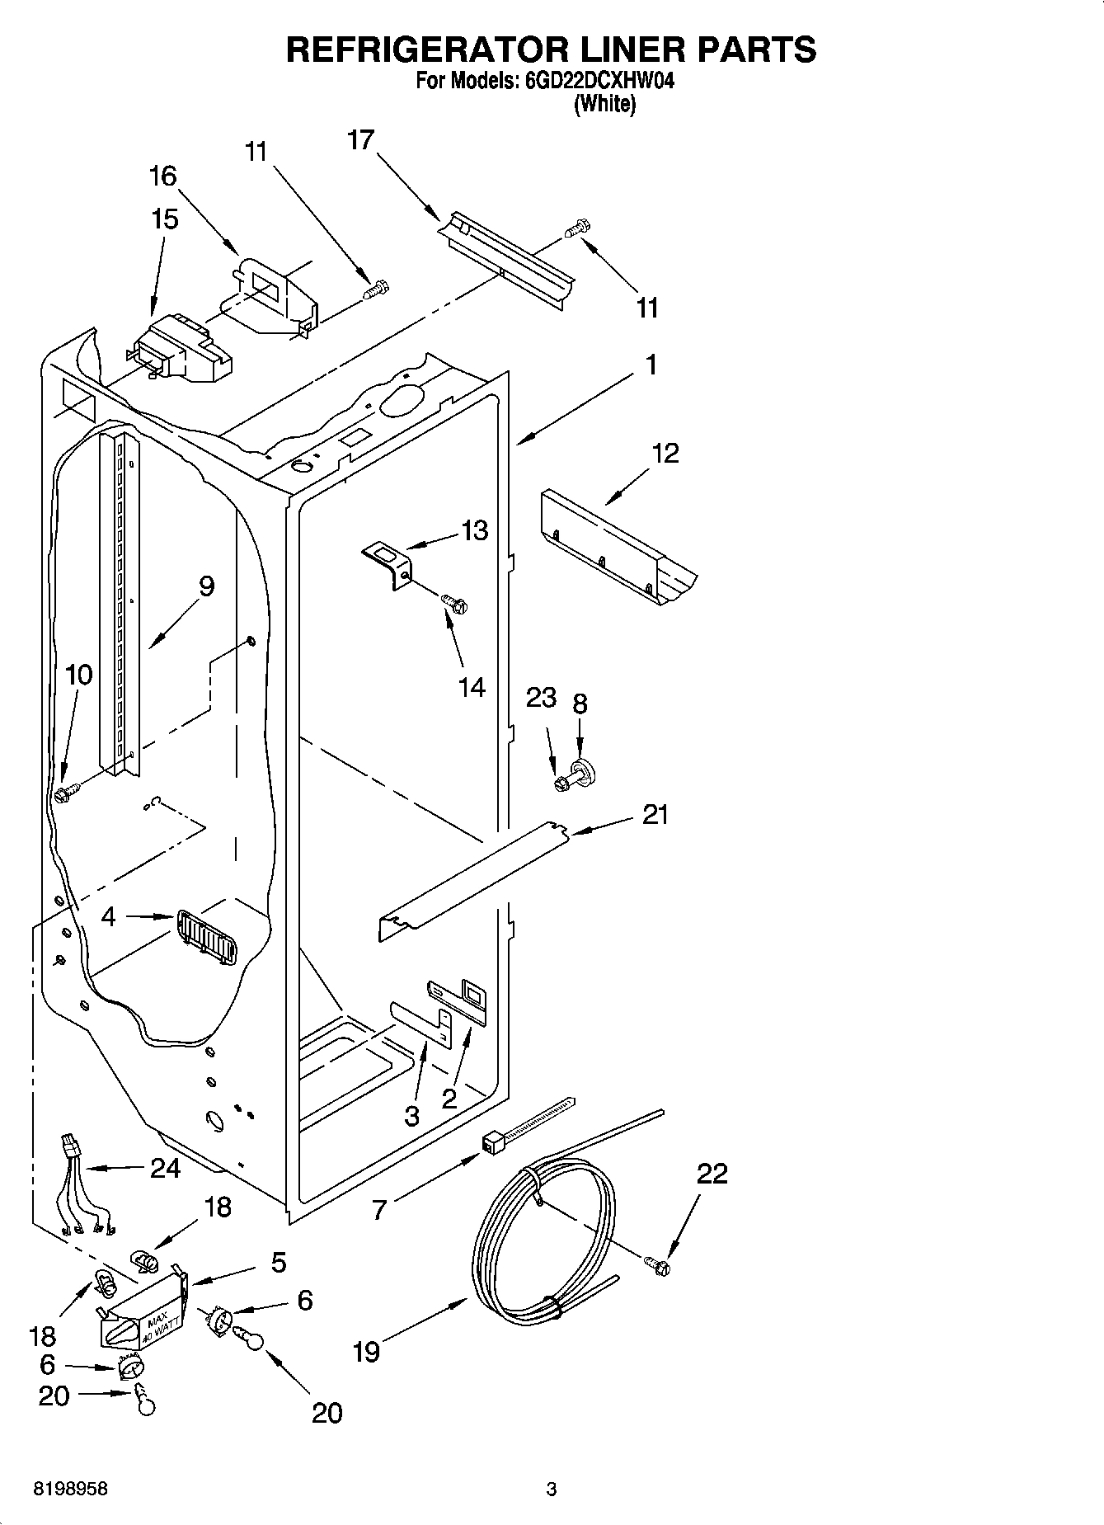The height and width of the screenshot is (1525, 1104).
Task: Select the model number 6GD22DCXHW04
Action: click(592, 82)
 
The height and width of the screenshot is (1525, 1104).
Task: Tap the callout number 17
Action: click(360, 140)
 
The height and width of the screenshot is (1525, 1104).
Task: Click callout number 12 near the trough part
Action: click(665, 453)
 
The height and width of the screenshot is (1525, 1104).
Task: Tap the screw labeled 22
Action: click(658, 1264)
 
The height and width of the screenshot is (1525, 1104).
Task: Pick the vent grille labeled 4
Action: click(204, 937)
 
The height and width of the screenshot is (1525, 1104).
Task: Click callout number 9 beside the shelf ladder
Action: click(206, 586)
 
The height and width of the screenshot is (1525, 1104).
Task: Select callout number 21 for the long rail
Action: click(655, 814)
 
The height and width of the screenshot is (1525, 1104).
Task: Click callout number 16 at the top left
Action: click(162, 176)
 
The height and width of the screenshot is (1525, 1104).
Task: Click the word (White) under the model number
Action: click(605, 104)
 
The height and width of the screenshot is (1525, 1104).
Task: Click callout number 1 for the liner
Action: click(651, 364)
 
